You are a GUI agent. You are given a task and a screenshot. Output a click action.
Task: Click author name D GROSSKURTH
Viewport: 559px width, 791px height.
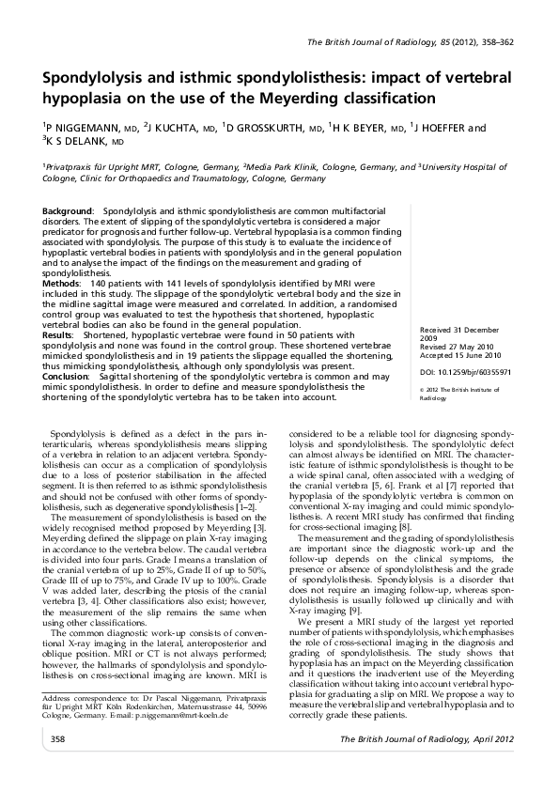click(267, 127)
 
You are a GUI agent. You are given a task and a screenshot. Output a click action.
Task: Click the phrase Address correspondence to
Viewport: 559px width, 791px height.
click(89, 722)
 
